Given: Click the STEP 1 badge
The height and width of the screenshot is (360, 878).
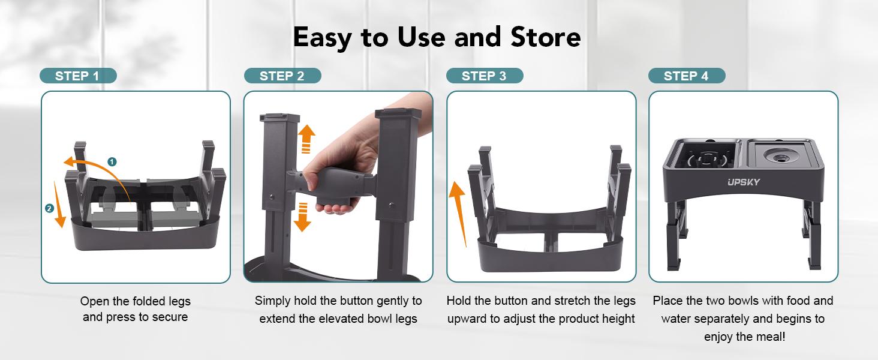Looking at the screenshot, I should click(x=77, y=76).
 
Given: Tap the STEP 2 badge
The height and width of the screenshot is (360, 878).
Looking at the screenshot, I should click(x=282, y=76).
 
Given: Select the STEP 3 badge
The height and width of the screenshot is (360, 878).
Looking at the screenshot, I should click(x=484, y=76).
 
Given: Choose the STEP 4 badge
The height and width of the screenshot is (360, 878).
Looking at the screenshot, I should click(x=686, y=76).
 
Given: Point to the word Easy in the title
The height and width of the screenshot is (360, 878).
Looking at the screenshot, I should click(x=323, y=37).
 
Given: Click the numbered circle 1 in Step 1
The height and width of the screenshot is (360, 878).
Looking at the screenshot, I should click(x=112, y=161).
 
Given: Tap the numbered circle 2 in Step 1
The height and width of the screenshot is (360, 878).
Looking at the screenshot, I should click(x=49, y=208).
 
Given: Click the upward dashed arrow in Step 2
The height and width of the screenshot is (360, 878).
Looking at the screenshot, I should click(x=306, y=139).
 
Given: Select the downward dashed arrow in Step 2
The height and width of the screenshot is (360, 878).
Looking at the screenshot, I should click(x=303, y=217).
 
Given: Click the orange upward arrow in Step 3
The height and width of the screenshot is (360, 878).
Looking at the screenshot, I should click(x=458, y=213).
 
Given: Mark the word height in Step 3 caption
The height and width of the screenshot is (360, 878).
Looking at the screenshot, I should click(x=618, y=319).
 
